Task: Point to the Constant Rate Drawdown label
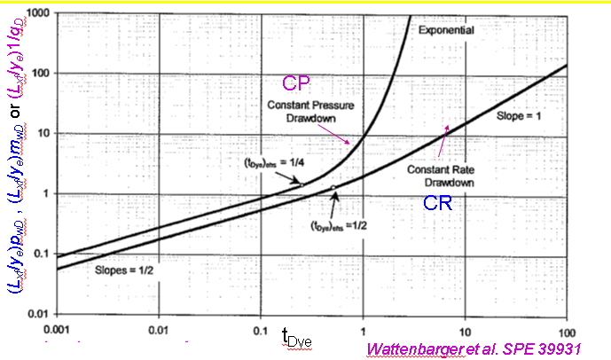point(442,175)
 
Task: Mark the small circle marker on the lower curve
point(333,188)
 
